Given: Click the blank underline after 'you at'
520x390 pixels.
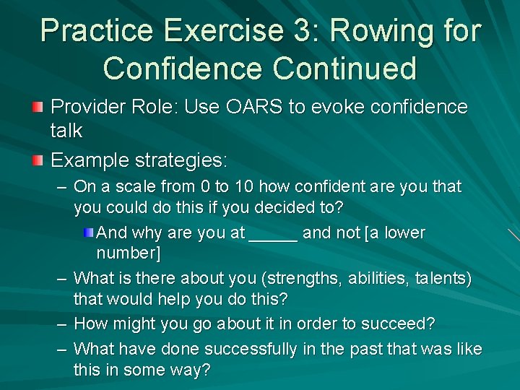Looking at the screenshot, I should coord(273,234).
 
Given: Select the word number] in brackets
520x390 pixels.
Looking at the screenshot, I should coord(129,253).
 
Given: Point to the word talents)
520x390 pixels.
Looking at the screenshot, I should coord(442,279).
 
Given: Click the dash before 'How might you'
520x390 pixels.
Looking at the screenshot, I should coord(62,324).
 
